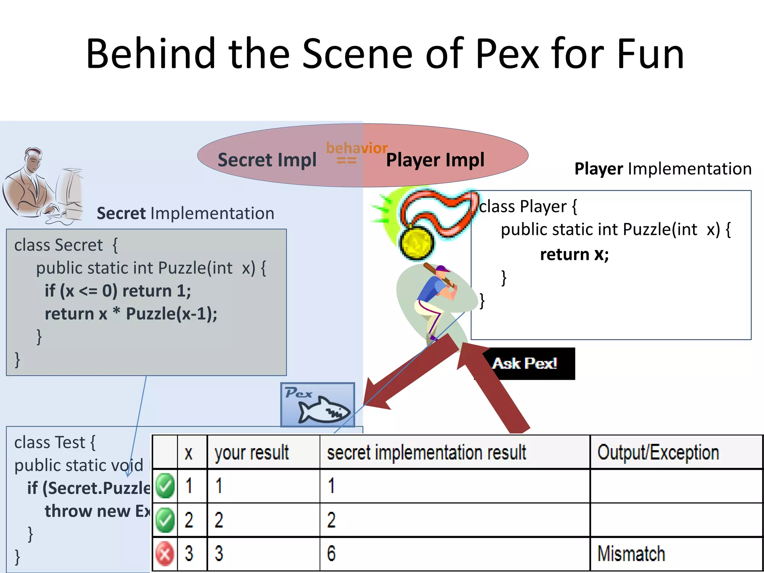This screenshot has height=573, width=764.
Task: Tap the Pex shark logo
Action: pyautogui.click(x=318, y=405)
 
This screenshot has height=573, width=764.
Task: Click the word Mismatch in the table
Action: pyautogui.click(x=631, y=553)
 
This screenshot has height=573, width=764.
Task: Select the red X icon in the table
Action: pyautogui.click(x=165, y=554)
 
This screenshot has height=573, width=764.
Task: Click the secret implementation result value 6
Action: pyautogui.click(x=331, y=553)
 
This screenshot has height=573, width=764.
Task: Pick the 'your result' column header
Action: pyautogui.click(x=252, y=453)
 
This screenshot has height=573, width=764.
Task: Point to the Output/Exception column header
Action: pyautogui.click(x=658, y=453)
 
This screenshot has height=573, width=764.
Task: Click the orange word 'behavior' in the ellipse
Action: pyautogui.click(x=357, y=148)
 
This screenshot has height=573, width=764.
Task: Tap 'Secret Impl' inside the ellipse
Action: pyautogui.click(x=267, y=160)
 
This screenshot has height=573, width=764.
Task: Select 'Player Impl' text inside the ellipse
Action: pyautogui.click(x=435, y=160)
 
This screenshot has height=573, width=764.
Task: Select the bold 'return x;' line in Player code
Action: pyautogui.click(x=574, y=254)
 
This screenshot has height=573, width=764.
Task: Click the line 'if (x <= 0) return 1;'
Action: pyautogui.click(x=118, y=291)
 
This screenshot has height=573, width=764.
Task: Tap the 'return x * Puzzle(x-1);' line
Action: pyautogui.click(x=131, y=314)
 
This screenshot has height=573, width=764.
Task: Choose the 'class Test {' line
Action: pyautogui.click(x=55, y=442)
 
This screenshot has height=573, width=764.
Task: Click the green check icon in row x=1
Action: pyautogui.click(x=165, y=486)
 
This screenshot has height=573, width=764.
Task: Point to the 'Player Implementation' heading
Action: pyautogui.click(x=663, y=169)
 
